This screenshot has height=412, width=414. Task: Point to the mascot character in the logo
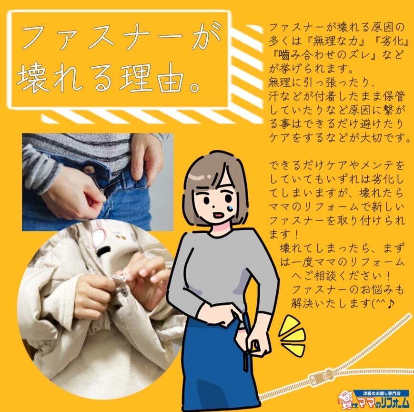tap(345, 399)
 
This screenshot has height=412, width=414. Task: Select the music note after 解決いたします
tap(391, 304)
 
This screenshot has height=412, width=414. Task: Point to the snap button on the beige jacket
tap(123, 291)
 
